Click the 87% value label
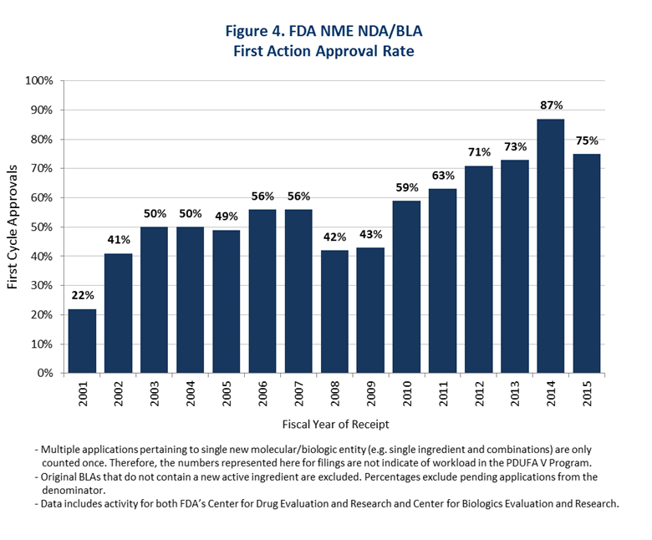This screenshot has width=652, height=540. coord(552,105)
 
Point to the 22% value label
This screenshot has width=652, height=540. coord(83,296)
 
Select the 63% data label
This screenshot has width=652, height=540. coord(443,176)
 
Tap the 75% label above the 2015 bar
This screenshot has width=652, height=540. coord(587,140)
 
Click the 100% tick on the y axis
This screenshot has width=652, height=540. coord(39,81)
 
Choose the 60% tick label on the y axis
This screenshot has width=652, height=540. coord(41,198)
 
